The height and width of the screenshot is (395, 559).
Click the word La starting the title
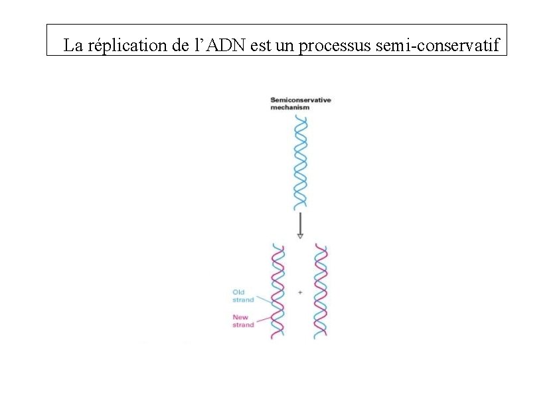[x=73, y=46]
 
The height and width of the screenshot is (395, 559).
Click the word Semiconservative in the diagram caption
[x=300, y=100]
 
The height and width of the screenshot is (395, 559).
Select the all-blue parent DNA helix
[x=301, y=163]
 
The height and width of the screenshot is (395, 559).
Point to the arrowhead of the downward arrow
[x=300, y=235]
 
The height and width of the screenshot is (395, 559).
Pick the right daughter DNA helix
[x=321, y=292]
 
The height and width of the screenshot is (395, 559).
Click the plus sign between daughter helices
[x=300, y=293]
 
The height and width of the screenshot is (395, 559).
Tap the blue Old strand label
[x=242, y=295]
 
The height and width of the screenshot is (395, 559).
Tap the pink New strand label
[x=242, y=321]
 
